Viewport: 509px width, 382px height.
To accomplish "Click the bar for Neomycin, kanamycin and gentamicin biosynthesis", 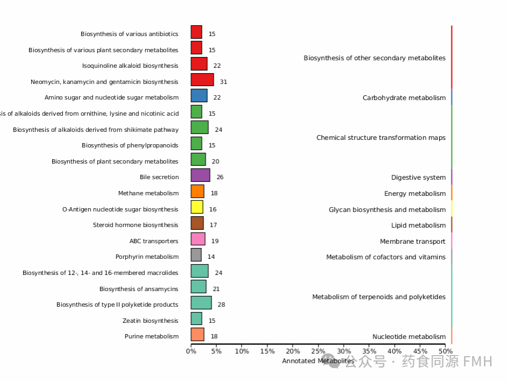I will point(202,80).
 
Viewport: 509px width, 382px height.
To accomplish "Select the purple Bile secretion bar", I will point(200,175).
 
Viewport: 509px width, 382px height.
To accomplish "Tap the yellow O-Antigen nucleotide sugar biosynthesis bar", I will point(197,207).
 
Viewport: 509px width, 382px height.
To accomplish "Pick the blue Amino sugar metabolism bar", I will point(199,96).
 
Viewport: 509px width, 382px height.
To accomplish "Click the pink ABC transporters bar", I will point(198,239).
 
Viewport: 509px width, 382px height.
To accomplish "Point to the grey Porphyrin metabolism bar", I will point(196,255).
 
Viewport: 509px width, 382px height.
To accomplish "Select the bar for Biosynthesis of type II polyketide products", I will point(201,302).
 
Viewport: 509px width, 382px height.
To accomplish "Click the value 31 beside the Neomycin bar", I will point(223,82).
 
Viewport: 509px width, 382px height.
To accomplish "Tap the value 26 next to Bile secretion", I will point(220,177).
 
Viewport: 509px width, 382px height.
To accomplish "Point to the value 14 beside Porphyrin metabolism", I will point(211,257).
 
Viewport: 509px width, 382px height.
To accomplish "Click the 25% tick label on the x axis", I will point(318,351).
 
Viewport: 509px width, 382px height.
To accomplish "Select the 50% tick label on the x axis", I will point(445,351).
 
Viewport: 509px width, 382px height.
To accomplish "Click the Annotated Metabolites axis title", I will point(318,361).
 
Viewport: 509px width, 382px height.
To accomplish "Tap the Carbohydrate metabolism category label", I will point(404,98).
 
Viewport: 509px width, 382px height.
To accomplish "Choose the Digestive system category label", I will point(418,178).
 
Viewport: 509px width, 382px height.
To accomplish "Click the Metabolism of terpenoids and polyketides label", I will point(379,297).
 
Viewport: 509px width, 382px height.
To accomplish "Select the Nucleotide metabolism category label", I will point(409,337).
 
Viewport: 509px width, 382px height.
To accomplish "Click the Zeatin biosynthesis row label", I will point(150,321).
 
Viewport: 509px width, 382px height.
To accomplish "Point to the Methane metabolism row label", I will point(148,193).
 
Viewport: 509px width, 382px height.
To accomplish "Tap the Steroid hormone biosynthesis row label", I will point(135,225).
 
